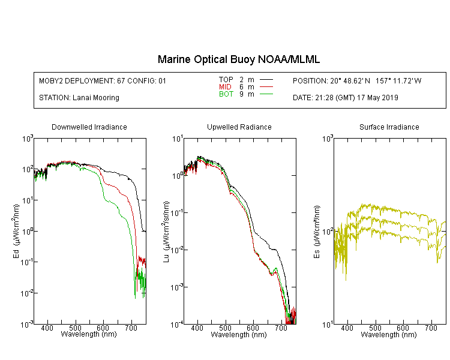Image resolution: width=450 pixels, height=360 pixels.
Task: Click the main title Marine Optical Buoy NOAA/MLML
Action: tap(238, 59)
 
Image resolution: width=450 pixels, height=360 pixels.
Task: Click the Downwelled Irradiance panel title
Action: tap(89, 127)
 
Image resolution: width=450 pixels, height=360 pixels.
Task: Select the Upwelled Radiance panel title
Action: tap(239, 127)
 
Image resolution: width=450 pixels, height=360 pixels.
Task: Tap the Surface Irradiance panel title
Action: tap(389, 127)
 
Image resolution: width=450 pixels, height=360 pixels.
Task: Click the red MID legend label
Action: tap(225, 86)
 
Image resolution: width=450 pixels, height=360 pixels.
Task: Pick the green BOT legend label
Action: tap(226, 94)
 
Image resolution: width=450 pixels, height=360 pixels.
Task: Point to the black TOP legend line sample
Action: tap(266, 80)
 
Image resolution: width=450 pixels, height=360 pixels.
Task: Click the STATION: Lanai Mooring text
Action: tap(79, 98)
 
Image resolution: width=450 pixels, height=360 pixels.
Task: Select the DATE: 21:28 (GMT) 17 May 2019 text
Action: tap(345, 98)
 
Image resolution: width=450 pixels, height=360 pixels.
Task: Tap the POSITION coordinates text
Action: tap(357, 81)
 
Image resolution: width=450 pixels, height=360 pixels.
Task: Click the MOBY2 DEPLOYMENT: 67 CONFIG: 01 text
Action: tap(103, 81)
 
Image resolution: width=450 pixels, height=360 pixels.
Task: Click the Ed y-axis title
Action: tap(16, 231)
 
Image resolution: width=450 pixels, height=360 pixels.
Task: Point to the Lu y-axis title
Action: tap(166, 232)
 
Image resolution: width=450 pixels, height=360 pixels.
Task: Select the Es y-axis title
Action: tap(316, 232)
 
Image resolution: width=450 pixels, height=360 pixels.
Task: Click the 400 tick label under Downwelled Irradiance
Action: tap(47, 328)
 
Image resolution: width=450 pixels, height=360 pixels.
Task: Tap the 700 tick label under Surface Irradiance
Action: tap(431, 328)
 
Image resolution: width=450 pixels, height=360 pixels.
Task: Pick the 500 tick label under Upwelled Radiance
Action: tap(225, 328)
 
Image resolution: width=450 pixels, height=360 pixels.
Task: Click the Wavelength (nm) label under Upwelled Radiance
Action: tap(239, 335)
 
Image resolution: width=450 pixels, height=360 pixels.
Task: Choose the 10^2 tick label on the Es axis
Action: tap(326, 231)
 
